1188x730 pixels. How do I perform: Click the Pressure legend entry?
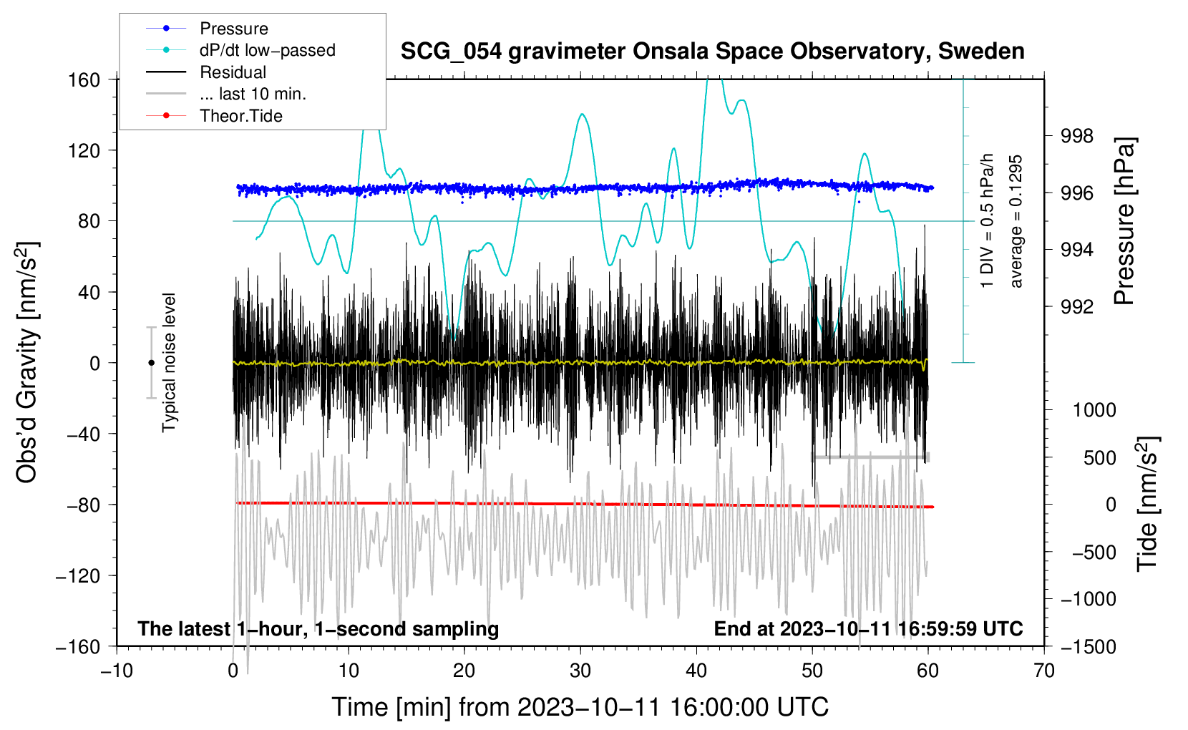[x=233, y=29]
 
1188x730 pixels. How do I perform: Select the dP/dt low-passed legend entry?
[x=267, y=50]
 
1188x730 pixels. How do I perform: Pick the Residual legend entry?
[x=233, y=72]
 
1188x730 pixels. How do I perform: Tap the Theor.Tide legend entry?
[x=240, y=116]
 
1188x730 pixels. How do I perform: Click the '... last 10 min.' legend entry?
[x=253, y=94]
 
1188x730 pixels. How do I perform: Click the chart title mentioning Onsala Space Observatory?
[x=712, y=51]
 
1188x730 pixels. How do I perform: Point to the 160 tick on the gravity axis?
[x=84, y=79]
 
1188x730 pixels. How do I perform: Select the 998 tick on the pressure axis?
[x=1076, y=136]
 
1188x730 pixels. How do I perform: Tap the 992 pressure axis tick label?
[x=1076, y=307]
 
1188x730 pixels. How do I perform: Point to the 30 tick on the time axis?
[x=580, y=671]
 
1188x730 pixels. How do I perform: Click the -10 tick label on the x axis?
[x=117, y=671]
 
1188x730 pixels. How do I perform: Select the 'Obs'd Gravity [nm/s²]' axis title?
[x=26, y=362]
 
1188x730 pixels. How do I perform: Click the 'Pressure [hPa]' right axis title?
[x=1124, y=221]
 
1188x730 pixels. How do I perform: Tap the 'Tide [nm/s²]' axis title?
[x=1147, y=503]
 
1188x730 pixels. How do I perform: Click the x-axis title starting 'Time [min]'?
[x=580, y=707]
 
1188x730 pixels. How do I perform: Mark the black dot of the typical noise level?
[x=151, y=363]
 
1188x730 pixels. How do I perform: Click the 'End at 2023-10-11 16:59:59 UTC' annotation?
[x=868, y=628]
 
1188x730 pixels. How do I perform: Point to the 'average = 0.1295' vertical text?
[x=1016, y=221]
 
